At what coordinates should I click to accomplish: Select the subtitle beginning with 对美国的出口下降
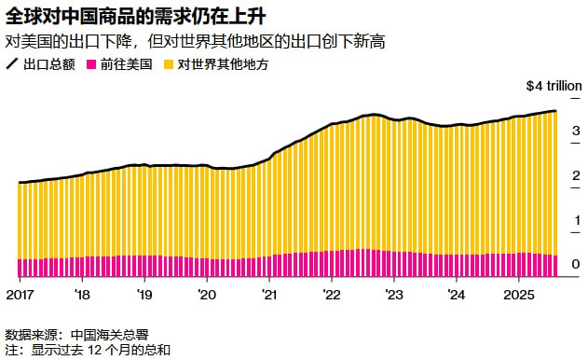[196, 41]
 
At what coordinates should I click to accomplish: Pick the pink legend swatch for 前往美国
[91, 64]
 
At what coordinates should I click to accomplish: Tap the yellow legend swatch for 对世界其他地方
[169, 64]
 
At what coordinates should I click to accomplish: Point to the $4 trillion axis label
[554, 86]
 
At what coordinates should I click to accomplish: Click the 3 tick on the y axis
[576, 131]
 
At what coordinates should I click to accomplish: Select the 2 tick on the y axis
[576, 175]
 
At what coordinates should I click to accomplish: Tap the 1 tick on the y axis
[576, 220]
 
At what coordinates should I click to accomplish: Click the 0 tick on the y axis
[576, 265]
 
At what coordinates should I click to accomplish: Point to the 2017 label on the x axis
[20, 294]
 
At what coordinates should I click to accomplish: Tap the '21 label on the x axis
[269, 294]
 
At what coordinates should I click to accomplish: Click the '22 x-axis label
[332, 294]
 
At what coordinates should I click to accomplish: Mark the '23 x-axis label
[394, 294]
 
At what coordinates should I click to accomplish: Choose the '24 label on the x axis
[457, 294]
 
